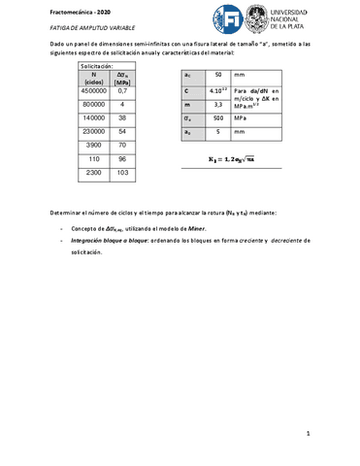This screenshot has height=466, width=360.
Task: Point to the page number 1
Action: coord(307,433)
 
